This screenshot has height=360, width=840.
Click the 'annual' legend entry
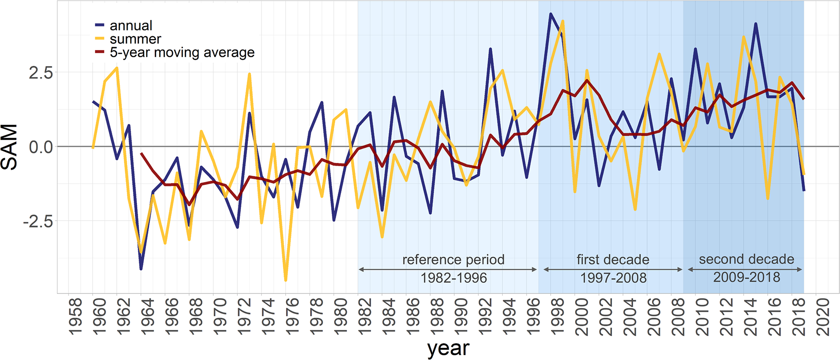tap(131, 26)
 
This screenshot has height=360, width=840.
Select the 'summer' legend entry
tap(135, 39)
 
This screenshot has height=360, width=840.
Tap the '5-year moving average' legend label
tap(182, 52)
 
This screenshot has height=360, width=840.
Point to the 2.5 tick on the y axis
tap(41, 73)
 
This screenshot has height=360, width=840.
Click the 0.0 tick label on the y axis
tap(41, 147)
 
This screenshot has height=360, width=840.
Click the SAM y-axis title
tap(10, 147)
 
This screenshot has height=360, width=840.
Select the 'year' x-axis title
tap(448, 349)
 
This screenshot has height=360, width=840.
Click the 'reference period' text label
tap(453, 260)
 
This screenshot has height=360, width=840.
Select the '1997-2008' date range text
tap(613, 278)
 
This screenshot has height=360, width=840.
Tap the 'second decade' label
tap(746, 259)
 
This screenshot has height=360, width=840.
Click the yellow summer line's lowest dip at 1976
tap(286, 280)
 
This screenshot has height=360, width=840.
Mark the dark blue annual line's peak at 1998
tap(551, 14)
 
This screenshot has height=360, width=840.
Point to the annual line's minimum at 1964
tap(141, 269)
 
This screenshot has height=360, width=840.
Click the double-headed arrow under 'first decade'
tap(613, 269)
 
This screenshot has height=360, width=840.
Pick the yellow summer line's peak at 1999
tap(563, 21)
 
